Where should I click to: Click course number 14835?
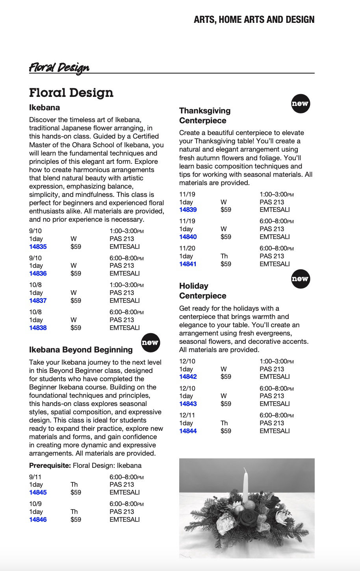click(38, 247)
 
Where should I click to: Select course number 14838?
click(38, 328)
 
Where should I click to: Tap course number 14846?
click(38, 520)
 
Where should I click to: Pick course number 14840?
click(188, 237)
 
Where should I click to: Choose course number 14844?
click(188, 431)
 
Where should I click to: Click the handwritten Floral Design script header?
click(59, 68)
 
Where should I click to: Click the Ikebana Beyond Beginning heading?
click(81, 350)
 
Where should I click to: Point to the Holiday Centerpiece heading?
click(202, 291)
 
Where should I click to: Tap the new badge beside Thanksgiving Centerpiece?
click(300, 104)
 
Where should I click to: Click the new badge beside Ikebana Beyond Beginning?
click(150, 343)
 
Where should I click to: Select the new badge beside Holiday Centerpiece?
click(300, 279)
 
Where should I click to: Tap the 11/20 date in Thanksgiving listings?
click(187, 248)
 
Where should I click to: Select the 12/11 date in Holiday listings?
click(187, 415)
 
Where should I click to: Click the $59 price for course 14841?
click(226, 264)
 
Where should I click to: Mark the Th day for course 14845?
click(74, 485)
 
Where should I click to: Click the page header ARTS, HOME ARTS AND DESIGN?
click(254, 20)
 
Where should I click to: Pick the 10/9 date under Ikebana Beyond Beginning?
click(35, 504)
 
